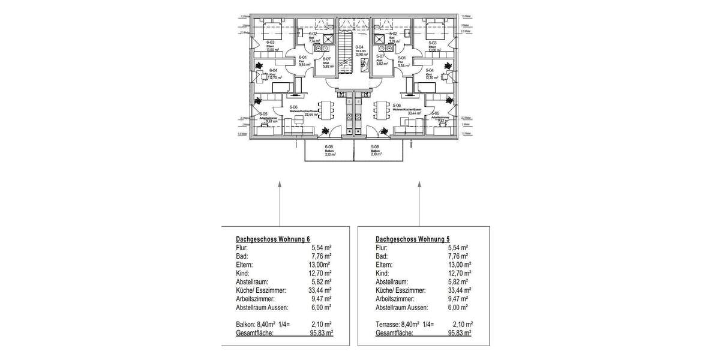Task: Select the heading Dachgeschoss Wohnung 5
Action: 413,238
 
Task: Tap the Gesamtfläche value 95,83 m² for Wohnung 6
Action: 322,332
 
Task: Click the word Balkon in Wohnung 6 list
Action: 230,324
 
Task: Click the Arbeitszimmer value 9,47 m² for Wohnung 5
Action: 457,298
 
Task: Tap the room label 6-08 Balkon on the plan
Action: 329,150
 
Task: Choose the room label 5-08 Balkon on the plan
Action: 376,150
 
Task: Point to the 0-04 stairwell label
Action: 360,49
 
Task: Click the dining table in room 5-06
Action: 379,111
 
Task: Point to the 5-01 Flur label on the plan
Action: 403,61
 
